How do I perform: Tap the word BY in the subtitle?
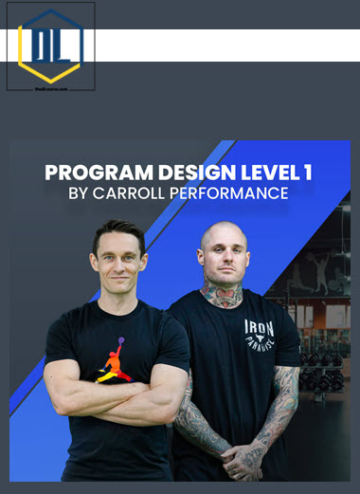(82, 194)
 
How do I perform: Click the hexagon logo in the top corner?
(50, 44)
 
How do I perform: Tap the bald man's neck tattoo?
(223, 296)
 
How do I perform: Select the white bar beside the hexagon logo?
(227, 45)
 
